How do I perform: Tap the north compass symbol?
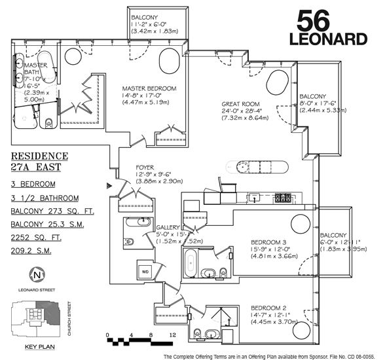point(37,275)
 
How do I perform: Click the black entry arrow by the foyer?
point(109,186)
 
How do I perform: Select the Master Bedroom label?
point(149,88)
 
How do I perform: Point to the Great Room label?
point(240,104)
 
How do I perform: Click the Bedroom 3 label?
point(268,242)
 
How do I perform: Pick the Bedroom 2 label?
point(268,308)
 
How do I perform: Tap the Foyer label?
point(145,168)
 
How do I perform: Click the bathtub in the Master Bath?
point(47,67)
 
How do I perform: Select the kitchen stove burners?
point(283,198)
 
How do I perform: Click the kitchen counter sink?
point(254,197)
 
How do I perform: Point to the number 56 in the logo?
point(313,21)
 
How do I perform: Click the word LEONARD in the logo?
point(328,39)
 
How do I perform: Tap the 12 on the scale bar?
point(173,335)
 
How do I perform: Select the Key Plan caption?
point(40,347)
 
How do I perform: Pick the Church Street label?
point(69,319)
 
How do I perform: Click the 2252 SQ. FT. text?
point(36,238)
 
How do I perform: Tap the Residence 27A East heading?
point(39,162)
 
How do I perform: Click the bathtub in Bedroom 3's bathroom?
point(191,263)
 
